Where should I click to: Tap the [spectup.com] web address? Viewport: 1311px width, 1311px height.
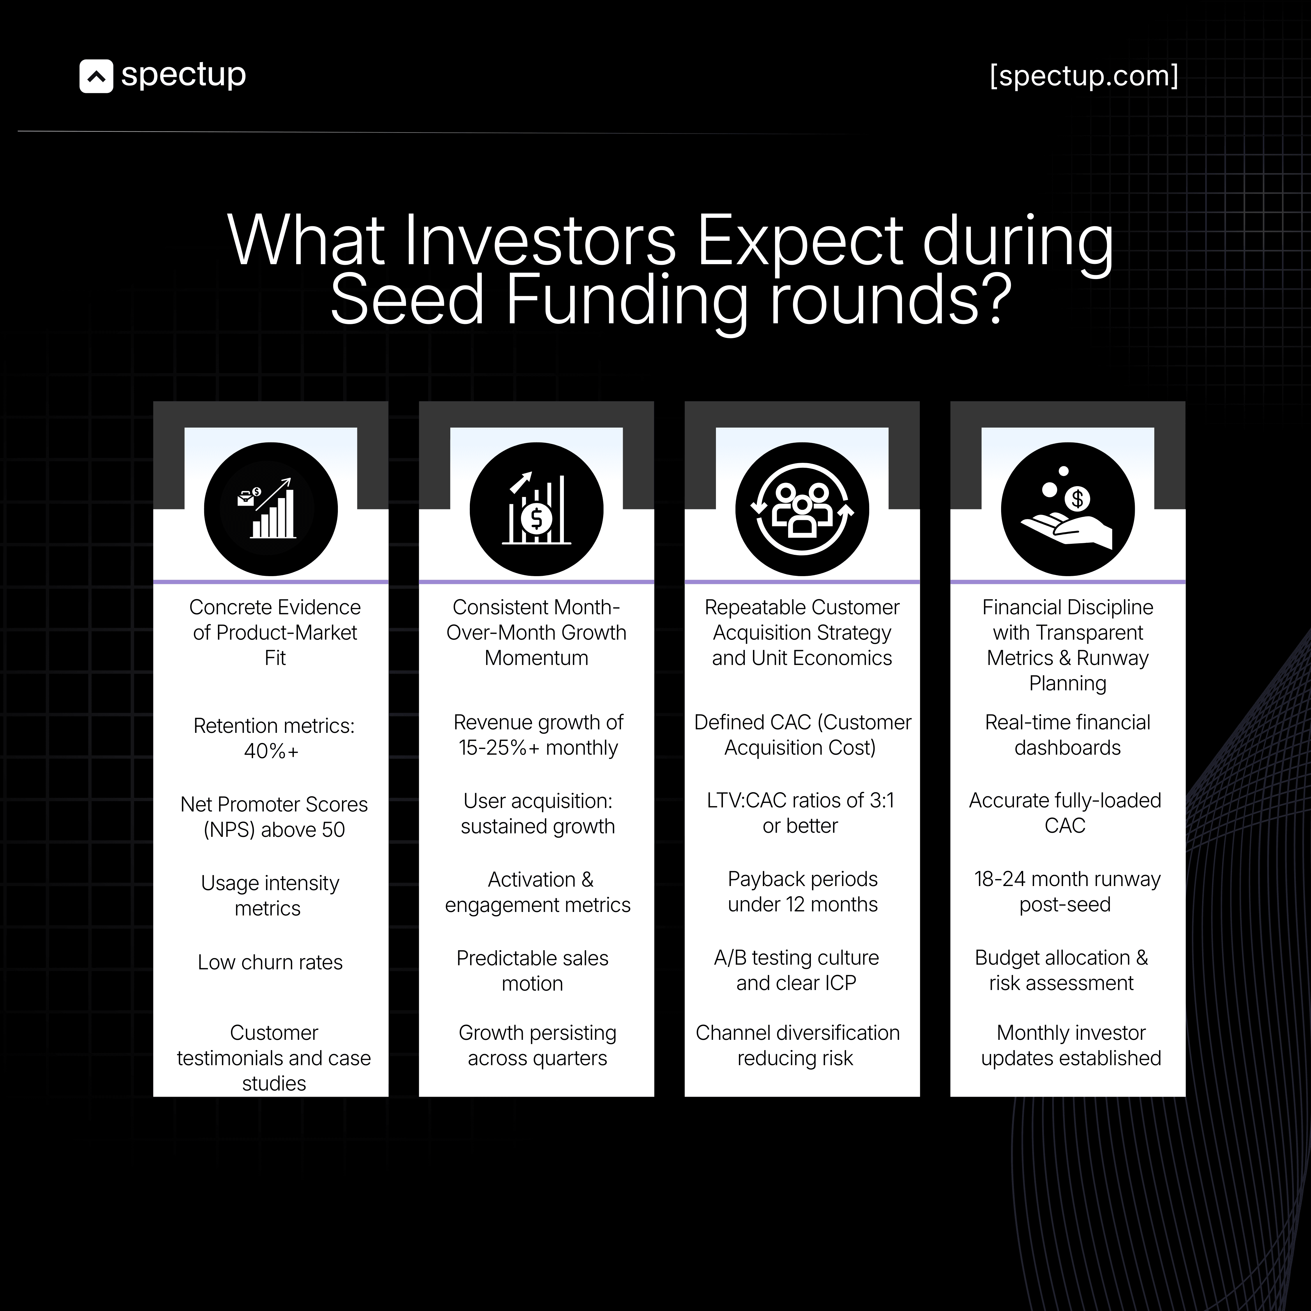1084,76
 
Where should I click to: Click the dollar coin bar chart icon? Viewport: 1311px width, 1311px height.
536,509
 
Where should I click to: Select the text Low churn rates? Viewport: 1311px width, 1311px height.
270,962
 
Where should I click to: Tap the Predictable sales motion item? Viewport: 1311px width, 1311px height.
533,970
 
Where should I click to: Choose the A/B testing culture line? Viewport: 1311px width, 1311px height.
796,957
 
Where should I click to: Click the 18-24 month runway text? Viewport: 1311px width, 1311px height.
1067,879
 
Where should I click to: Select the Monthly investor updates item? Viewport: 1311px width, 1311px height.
1071,1045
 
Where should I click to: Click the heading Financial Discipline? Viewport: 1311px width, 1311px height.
1067,607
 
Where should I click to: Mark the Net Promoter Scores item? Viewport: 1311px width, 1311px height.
274,816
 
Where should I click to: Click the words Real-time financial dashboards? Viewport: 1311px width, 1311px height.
1067,735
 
